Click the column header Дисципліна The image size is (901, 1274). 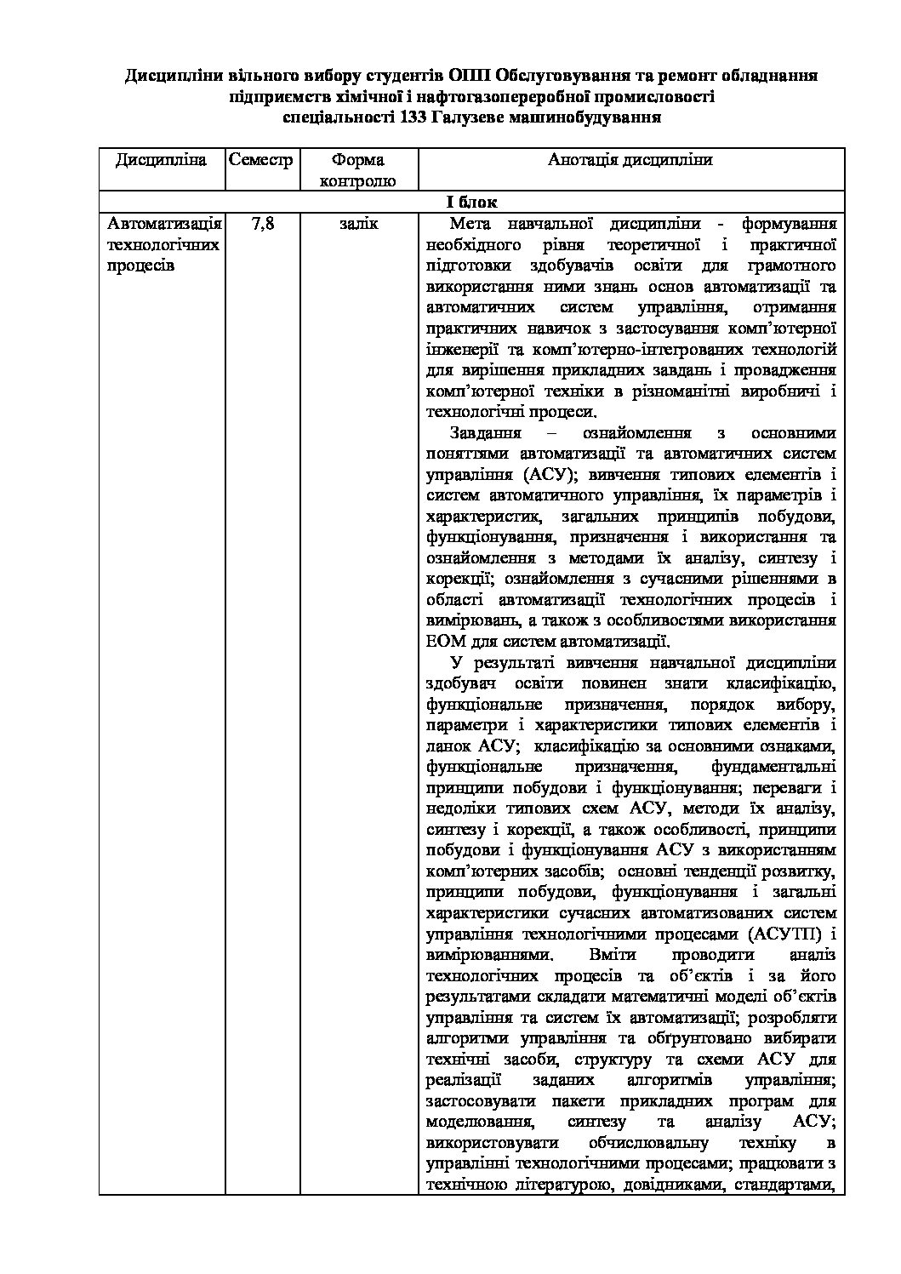[162, 160]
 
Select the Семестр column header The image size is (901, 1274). [260, 160]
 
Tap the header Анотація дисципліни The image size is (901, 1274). [630, 160]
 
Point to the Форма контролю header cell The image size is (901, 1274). [357, 170]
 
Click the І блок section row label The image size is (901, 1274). [471, 203]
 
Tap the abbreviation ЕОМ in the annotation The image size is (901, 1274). [445, 641]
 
